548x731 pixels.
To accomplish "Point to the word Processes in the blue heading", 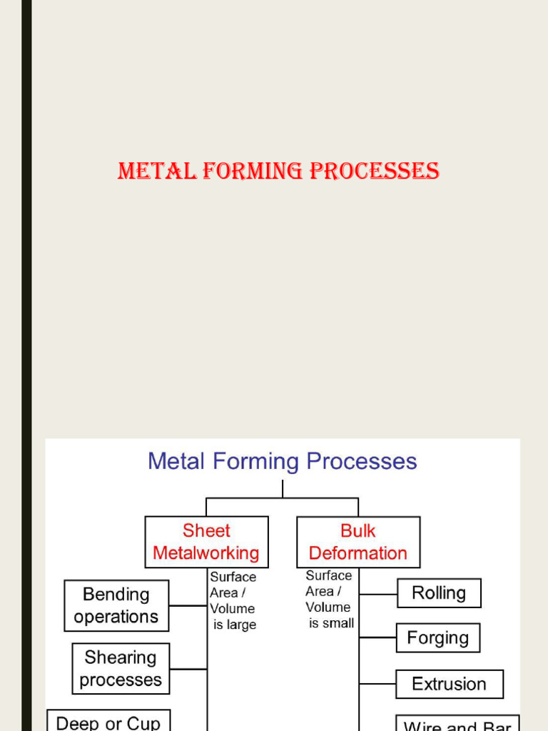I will point(362,461).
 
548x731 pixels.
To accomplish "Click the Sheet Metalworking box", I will point(206,542).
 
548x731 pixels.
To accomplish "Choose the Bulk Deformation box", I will point(358,542).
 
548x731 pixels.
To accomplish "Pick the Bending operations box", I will point(116,605).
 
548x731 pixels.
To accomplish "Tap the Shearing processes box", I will point(121,668).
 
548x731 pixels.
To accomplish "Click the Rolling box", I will point(439,593).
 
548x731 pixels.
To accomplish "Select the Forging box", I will point(437,637).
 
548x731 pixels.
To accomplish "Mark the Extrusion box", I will point(449,684).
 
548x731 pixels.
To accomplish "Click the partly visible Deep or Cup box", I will point(108,722).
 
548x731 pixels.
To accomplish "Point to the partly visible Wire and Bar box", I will point(457,724).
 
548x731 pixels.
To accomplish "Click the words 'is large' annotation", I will point(235,625).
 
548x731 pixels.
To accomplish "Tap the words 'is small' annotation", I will point(331,623).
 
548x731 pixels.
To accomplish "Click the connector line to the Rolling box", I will point(378,593).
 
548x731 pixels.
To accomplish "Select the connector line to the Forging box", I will point(377,637).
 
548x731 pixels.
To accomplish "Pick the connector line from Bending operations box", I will point(188,605).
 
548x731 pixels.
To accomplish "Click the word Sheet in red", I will point(206,530).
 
